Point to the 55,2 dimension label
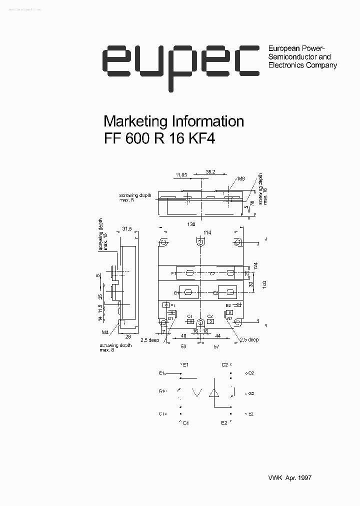[210, 171]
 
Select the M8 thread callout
[241, 178]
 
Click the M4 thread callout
[105, 332]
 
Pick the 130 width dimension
[191, 224]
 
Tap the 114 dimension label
[207, 232]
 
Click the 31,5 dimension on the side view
[126, 229]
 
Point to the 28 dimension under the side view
[127, 337]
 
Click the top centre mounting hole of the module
[200, 242]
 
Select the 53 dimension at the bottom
[183, 346]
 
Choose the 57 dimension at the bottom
[216, 346]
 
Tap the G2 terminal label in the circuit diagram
[250, 393]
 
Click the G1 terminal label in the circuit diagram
[162, 391]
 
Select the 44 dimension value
[218, 336]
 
